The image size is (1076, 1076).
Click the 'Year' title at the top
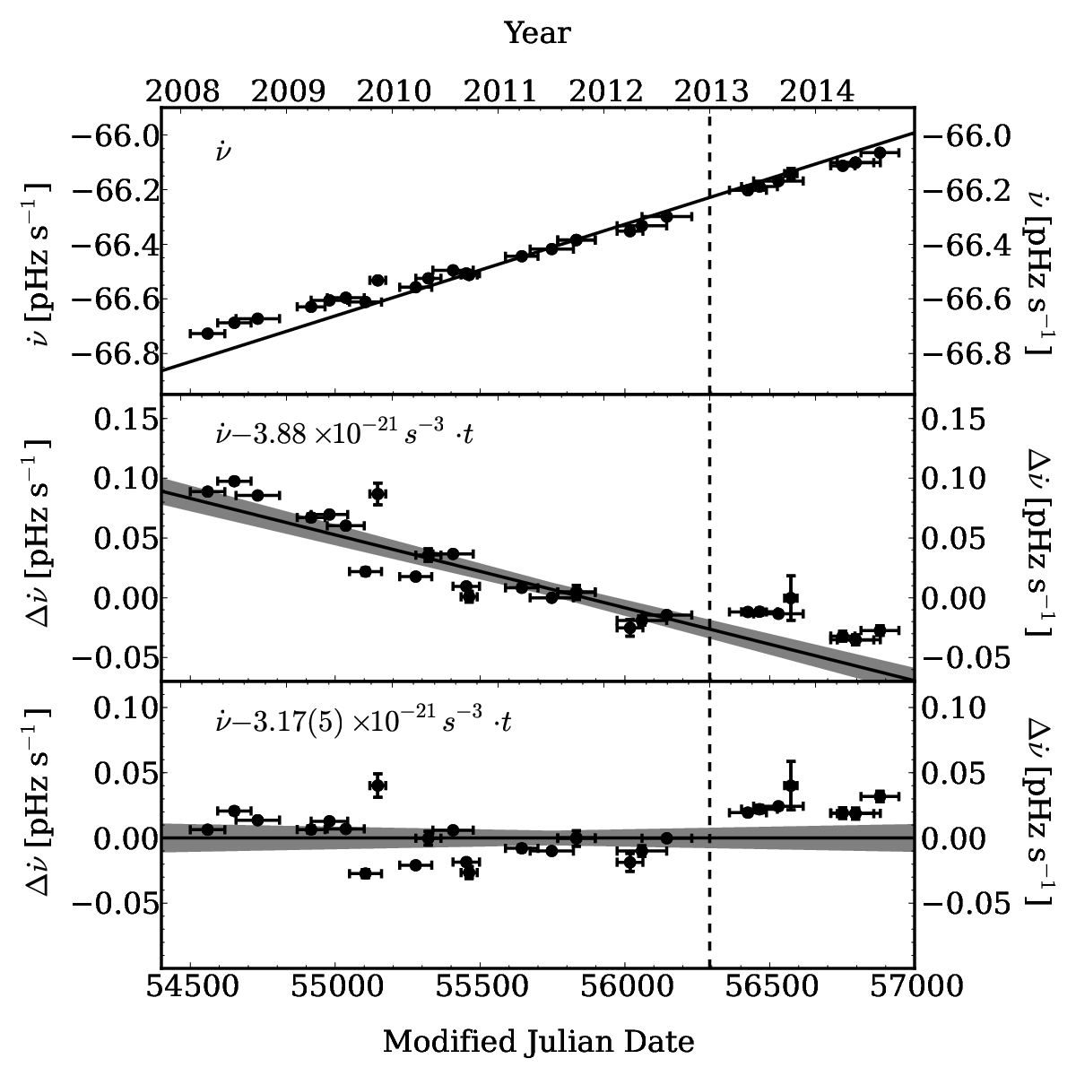[538, 33]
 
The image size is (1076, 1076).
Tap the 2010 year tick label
[395, 91]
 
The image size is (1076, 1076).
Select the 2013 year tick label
[711, 91]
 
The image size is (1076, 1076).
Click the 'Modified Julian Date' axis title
[538, 1042]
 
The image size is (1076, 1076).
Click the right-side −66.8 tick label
[968, 354]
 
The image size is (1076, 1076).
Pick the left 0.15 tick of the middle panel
[125, 420]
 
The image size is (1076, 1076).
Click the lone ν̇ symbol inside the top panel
[222, 151]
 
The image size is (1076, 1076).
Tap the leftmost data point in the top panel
[208, 334]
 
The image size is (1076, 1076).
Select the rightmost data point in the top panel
[880, 152]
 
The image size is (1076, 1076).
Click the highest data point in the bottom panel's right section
[790, 785]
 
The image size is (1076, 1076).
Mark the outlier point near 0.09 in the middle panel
[378, 493]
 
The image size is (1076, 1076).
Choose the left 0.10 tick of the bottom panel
[125, 708]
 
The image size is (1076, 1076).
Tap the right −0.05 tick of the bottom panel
[968, 903]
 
